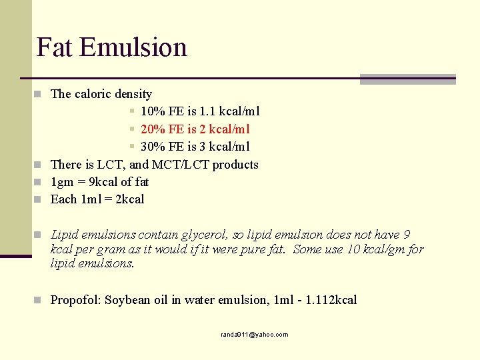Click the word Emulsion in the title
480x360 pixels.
pos(133,47)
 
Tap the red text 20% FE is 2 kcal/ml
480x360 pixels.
pos(195,129)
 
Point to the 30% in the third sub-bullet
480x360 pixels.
pos(151,147)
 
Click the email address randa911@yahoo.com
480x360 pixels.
pos(255,335)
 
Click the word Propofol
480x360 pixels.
pos(75,300)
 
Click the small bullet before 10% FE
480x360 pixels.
pos(133,111)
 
